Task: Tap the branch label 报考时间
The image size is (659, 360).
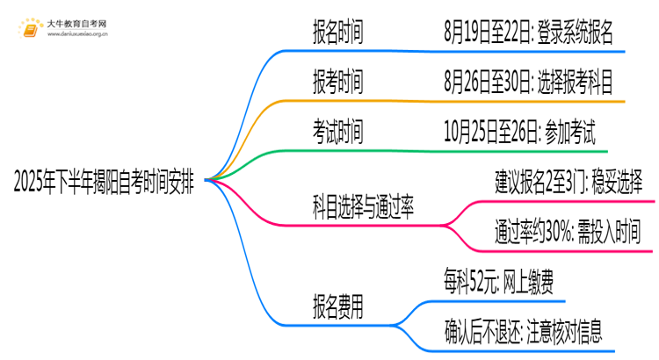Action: (337, 83)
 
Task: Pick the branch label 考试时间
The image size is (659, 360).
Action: (337, 133)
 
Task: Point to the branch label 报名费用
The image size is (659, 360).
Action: (337, 307)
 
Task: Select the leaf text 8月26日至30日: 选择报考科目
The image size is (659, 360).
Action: (529, 83)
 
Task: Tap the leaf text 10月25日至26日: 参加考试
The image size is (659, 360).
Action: (520, 133)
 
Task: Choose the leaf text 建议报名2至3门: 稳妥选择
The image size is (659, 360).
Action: (568, 183)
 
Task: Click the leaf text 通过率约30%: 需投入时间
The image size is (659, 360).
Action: (568, 233)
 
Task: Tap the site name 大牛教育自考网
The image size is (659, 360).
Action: (77, 21)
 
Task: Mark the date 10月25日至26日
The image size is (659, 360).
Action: (489, 133)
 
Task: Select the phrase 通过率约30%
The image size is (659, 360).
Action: (533, 233)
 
